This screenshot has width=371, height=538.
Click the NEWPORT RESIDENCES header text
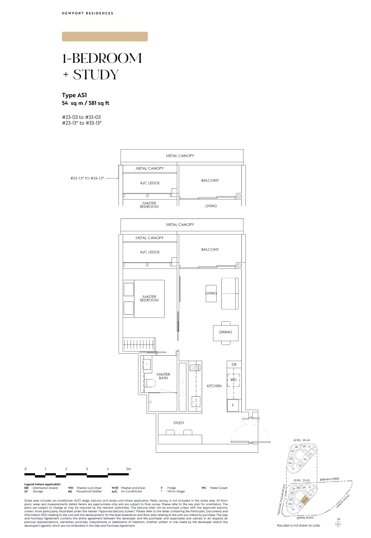(87, 13)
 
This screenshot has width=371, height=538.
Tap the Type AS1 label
(75, 95)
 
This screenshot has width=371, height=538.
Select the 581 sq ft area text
(99, 103)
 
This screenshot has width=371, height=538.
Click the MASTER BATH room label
(163, 376)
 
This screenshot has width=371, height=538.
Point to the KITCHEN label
(214, 386)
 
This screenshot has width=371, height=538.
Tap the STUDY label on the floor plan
(179, 423)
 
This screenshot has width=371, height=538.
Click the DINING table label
(226, 332)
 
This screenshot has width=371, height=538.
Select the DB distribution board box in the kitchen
(234, 364)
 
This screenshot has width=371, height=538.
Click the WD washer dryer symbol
(234, 380)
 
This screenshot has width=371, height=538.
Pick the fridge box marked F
(233, 405)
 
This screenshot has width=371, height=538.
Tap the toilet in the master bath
(150, 384)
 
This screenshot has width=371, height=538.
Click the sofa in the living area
(230, 293)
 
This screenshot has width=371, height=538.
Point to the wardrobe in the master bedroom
(139, 344)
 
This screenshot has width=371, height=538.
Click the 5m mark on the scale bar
(128, 469)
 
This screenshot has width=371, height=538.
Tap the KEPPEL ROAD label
(305, 518)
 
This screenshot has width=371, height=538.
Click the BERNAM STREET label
(330, 479)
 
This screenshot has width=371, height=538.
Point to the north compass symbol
(338, 524)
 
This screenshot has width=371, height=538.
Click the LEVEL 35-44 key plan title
(301, 440)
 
